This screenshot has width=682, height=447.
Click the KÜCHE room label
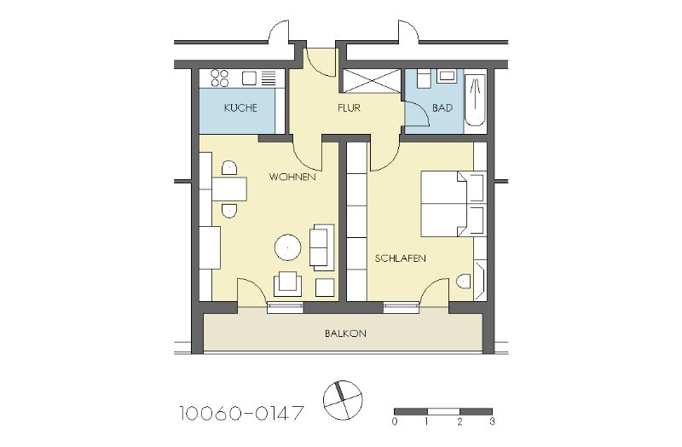[240, 107]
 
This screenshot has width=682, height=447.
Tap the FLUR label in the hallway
[349, 107]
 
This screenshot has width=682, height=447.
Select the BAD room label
[442, 107]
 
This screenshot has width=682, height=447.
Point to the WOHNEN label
[292, 177]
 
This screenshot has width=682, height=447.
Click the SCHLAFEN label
[400, 258]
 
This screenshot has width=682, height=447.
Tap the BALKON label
[345, 334]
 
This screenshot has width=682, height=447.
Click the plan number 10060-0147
[241, 413]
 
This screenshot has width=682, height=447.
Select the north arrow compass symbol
[343, 400]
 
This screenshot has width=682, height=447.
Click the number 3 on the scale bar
[492, 421]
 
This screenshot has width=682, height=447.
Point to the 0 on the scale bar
[395, 421]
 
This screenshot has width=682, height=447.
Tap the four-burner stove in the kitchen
[220, 78]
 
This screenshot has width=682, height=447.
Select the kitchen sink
[250, 78]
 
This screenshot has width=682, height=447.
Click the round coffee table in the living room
[288, 247]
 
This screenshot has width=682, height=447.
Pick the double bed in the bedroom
[453, 204]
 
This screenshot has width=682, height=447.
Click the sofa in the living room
[321, 247]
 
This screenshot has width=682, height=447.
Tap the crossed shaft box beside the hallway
[372, 80]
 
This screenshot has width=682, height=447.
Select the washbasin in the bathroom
[447, 76]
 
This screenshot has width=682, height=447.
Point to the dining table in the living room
[229, 189]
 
